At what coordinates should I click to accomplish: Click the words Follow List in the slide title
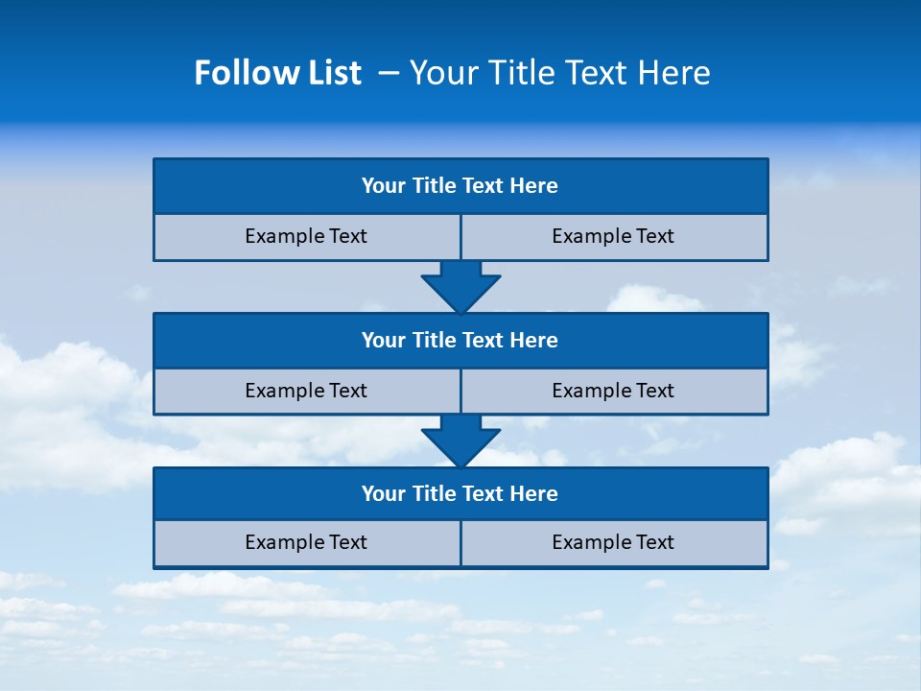(277, 73)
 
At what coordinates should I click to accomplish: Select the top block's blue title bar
(460, 186)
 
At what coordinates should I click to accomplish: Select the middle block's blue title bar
(460, 341)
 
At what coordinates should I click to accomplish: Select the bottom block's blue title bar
(460, 494)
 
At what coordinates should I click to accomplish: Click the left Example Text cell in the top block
(306, 237)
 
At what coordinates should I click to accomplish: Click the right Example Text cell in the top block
(614, 237)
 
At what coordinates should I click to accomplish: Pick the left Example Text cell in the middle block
(306, 392)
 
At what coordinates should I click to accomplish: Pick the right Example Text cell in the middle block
(614, 392)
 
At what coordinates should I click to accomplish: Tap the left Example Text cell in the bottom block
(306, 543)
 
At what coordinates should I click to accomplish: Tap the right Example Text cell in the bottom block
(614, 543)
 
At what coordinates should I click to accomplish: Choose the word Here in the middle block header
(534, 341)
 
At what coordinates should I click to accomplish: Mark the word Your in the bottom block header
(383, 494)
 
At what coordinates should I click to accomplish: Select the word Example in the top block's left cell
(284, 237)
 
